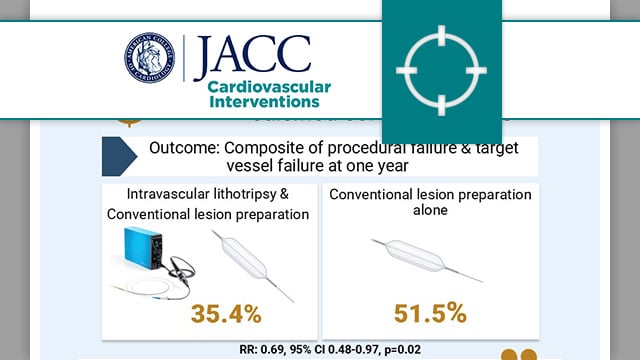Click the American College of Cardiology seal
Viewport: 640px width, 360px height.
(x=149, y=58)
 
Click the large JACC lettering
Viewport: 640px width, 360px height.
(x=253, y=56)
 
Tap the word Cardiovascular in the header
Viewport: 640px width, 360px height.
(x=269, y=86)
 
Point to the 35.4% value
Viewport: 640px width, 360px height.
(x=212, y=313)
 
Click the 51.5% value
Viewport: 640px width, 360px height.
(x=429, y=312)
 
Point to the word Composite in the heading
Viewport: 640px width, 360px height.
(x=265, y=148)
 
